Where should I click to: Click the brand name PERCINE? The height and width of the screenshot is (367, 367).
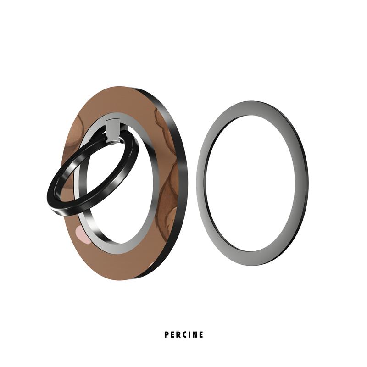click(x=183, y=335)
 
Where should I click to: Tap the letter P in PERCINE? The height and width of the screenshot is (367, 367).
click(x=167, y=335)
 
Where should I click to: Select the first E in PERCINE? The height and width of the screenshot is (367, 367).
click(x=172, y=335)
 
